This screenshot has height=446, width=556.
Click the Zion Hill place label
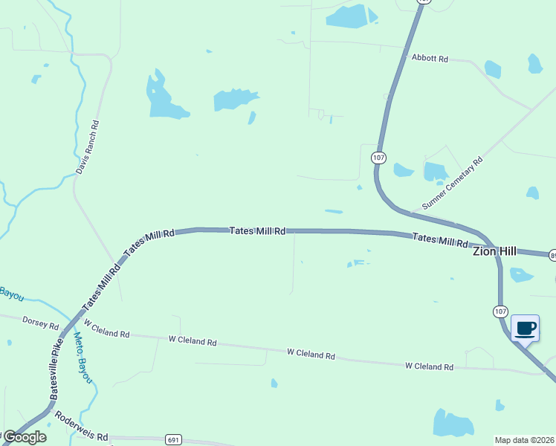click(x=494, y=251)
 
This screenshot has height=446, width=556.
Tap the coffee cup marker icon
click(x=525, y=329)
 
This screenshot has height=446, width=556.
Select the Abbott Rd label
click(x=430, y=58)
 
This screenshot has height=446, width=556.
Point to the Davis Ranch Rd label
click(x=87, y=148)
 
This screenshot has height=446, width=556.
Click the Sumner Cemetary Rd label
click(x=452, y=183)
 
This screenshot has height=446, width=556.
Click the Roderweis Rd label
click(x=82, y=431)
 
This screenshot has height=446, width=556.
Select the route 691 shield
click(x=173, y=440)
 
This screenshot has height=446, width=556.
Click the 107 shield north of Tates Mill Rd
click(x=379, y=158)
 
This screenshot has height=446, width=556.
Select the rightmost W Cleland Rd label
click(x=429, y=366)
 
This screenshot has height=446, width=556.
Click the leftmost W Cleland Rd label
click(x=107, y=329)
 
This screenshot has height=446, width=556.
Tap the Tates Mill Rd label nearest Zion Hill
click(x=440, y=240)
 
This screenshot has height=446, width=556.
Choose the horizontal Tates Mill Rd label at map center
click(x=257, y=231)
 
